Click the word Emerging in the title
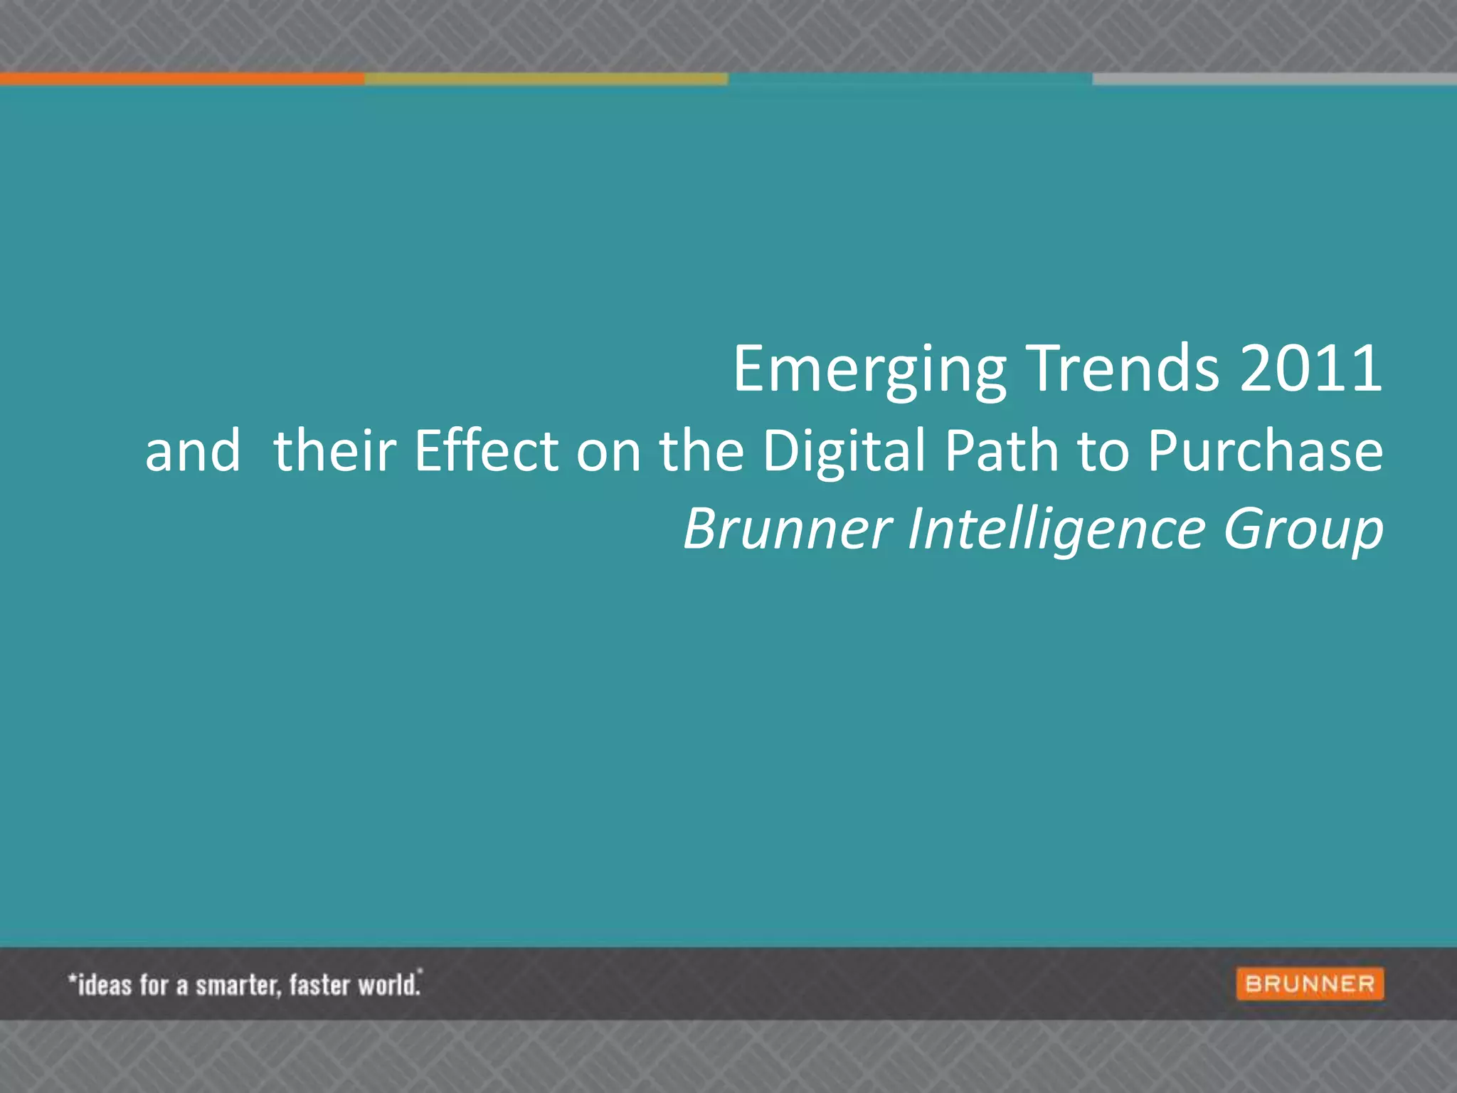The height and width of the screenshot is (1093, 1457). [869, 370]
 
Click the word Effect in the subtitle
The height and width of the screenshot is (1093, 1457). [487, 450]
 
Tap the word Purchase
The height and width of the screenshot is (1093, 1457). [1266, 450]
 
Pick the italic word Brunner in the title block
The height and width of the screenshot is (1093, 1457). [788, 529]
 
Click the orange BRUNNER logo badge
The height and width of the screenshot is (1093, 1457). [1310, 984]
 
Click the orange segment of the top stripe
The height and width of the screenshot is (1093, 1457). [182, 79]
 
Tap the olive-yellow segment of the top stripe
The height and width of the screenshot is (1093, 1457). [546, 79]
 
